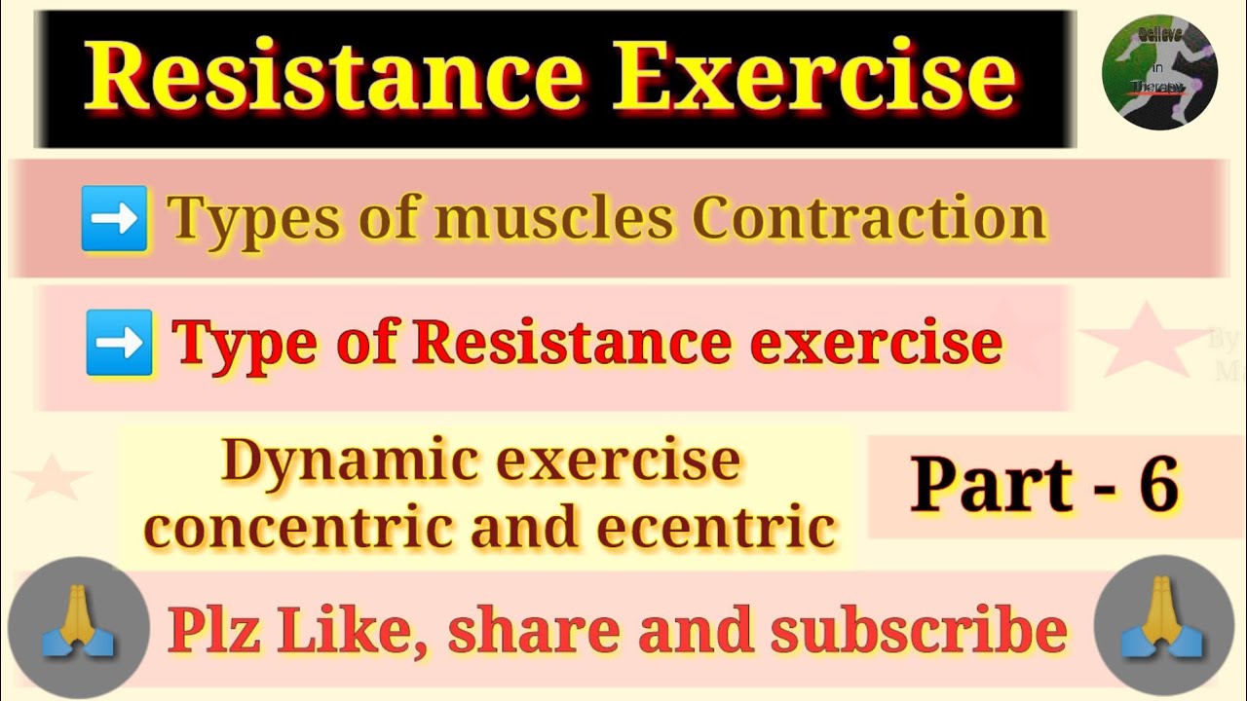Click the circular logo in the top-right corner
pos(1159,73)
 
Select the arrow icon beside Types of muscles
pos(114,218)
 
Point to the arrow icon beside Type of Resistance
pos(119,343)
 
